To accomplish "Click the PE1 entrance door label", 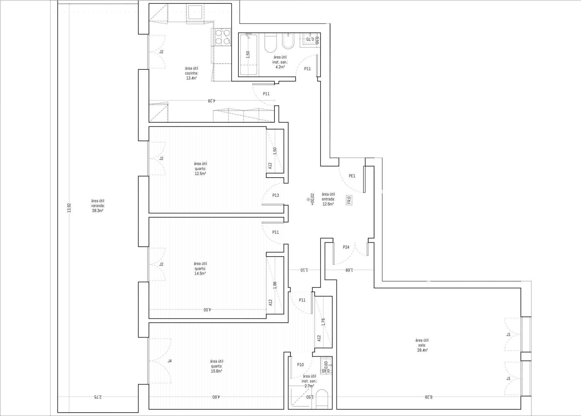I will click(x=352, y=176).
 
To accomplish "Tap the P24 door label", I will click(x=346, y=247).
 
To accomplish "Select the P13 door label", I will click(x=275, y=195).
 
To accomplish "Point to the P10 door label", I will click(x=300, y=365).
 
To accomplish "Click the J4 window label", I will click(x=170, y=361).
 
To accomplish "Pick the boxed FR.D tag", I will click(x=349, y=201).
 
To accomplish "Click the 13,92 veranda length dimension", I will click(x=69, y=208).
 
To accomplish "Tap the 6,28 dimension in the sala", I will click(x=428, y=397).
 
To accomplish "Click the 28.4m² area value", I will click(x=422, y=350).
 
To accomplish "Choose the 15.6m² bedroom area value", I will click(x=216, y=371).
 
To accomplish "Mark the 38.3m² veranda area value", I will click(x=97, y=211).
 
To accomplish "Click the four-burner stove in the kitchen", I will click(x=222, y=37).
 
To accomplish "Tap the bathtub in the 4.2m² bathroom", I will click(x=249, y=55).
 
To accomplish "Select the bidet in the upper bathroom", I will click(x=287, y=42).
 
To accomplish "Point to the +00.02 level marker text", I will click(x=313, y=200).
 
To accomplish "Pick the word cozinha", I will click(x=192, y=73).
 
